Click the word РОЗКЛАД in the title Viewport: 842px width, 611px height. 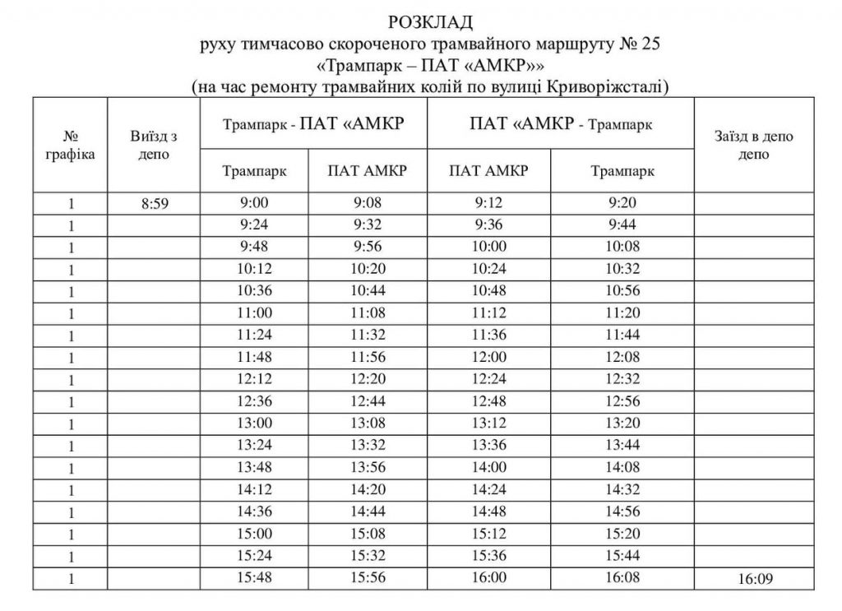coord(420,21)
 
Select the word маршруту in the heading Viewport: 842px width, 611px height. coord(560,42)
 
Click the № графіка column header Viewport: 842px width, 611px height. coord(71,145)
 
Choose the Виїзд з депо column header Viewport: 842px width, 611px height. coord(153,145)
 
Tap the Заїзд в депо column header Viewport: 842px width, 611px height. coord(753,145)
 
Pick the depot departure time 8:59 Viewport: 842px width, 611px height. coord(153,203)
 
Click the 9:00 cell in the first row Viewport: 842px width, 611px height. coord(255,201)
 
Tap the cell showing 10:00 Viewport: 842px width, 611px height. coord(490,246)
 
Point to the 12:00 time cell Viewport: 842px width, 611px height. coord(490,357)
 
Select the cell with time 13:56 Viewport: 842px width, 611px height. coord(368,468)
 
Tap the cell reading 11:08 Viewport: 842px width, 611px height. coord(368,312)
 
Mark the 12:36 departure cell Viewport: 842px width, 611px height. coord(255,401)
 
